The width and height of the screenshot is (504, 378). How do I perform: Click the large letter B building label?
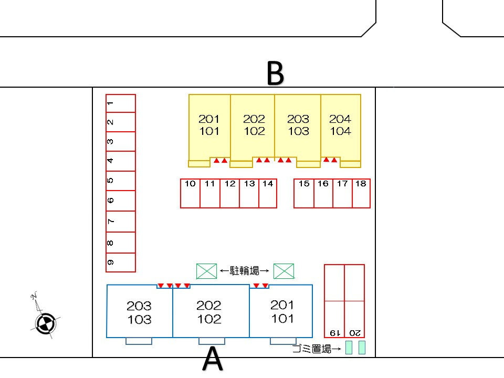[x=275, y=73]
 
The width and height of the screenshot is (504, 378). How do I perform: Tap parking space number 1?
[x=121, y=103]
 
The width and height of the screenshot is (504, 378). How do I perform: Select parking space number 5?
[x=121, y=181]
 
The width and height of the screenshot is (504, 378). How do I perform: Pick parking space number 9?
[x=121, y=262]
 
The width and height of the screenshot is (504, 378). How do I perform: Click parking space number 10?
[x=190, y=193]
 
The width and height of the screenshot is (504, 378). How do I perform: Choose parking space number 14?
[x=268, y=193]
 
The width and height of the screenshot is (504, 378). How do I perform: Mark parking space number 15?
[x=304, y=193]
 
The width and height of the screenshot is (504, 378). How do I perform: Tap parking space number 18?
[x=361, y=193]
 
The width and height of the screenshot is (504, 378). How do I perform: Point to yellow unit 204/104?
[x=341, y=125]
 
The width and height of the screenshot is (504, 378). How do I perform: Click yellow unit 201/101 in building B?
[x=209, y=125]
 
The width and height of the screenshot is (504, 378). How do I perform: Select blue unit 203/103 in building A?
[x=139, y=312]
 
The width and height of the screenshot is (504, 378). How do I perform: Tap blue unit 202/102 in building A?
[x=209, y=312]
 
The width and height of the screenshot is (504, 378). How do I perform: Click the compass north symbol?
[x=46, y=321]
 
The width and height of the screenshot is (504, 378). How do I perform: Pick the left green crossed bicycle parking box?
[x=206, y=271]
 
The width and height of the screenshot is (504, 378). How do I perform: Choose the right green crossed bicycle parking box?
[x=284, y=271]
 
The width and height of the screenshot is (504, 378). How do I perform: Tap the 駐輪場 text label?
[x=245, y=271]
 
